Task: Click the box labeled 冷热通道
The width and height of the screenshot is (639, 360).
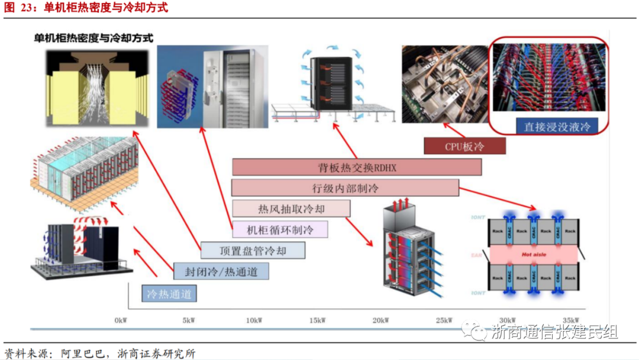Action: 169,294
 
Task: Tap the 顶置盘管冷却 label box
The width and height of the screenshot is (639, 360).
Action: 253,250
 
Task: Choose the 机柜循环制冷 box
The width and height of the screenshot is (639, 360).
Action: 280,229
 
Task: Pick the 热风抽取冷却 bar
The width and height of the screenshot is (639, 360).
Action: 291,208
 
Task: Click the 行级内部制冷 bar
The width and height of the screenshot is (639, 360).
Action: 345,188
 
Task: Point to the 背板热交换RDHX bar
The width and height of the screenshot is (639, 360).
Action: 357,168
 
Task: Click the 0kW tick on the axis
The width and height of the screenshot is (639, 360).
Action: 121,320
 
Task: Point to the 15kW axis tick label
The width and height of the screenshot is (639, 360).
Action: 317,320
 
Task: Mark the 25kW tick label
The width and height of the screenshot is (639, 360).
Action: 444,320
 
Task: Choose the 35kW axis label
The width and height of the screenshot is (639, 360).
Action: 571,320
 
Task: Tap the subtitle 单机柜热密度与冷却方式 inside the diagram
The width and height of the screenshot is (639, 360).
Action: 93,38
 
